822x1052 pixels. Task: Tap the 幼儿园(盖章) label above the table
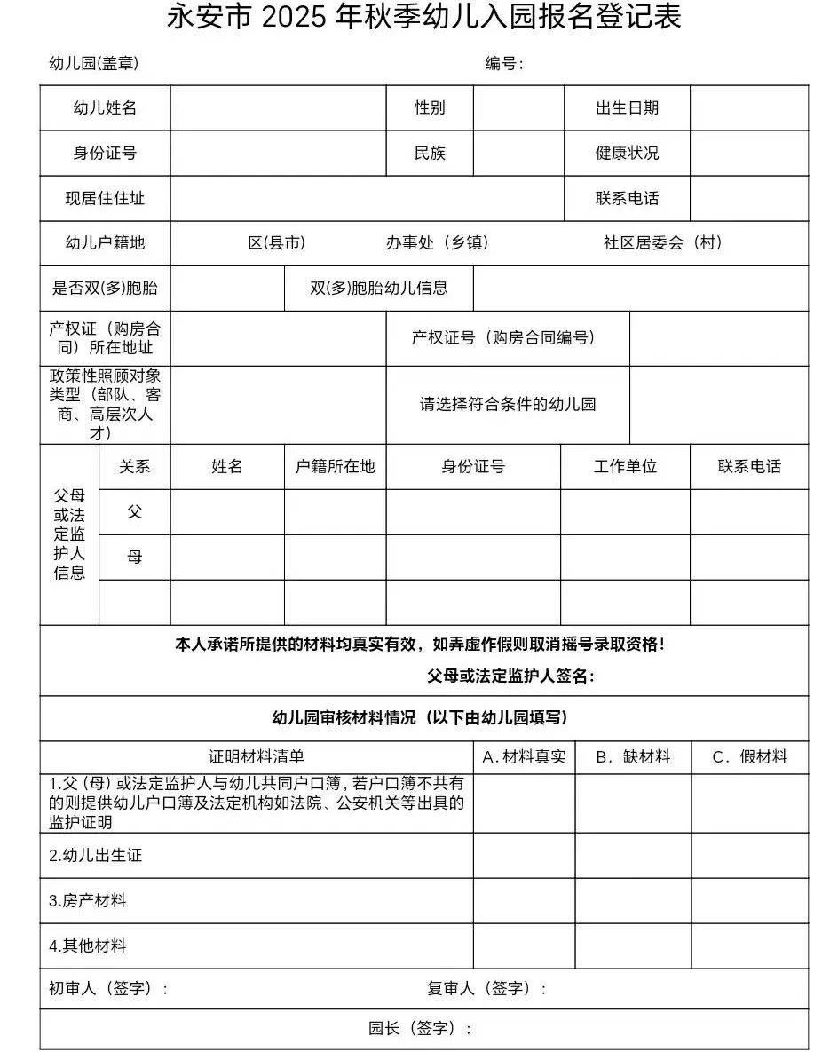coord(93,64)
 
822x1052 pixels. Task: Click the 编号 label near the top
coord(503,64)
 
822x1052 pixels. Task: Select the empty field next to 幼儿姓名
coord(278,108)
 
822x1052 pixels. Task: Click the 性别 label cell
coord(430,108)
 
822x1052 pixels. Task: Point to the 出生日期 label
coord(627,108)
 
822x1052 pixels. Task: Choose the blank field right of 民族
coord(518,154)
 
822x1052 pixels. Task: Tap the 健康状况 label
coord(627,154)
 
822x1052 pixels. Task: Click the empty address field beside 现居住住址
coord(367,199)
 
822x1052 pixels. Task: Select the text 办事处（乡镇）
coord(437,243)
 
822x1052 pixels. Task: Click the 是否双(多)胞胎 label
coord(105,289)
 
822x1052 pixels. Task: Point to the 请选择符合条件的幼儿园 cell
coord(508,405)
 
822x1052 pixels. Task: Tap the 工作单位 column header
coord(625,467)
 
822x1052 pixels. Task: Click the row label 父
coord(134,512)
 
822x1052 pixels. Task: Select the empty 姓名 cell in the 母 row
coord(227,558)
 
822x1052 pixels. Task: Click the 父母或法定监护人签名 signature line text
coord(510,676)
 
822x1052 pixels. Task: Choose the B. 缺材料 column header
coord(633,757)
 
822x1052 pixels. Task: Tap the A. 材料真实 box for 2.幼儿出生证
coord(524,856)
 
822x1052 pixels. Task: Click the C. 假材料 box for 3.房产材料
coord(750,901)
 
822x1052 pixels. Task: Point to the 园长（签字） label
coord(420,1029)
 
